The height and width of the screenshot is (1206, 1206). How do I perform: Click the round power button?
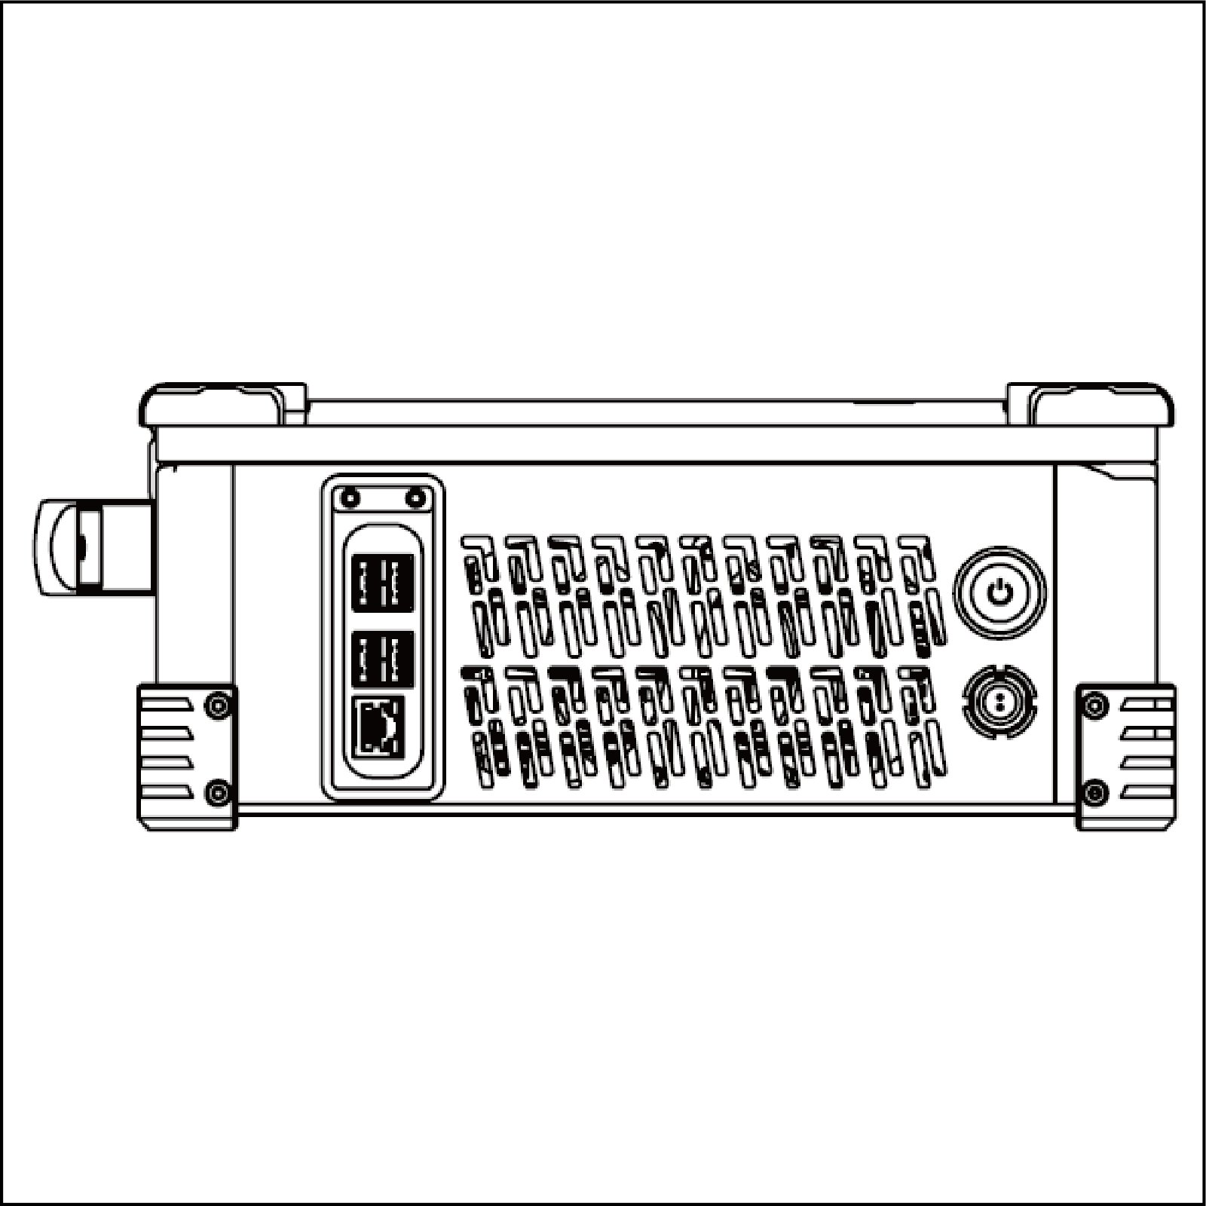pos(999,593)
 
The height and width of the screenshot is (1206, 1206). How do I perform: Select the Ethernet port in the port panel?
pos(378,726)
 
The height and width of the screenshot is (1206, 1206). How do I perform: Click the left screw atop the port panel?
pos(349,497)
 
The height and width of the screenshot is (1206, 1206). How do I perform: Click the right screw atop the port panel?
pos(415,497)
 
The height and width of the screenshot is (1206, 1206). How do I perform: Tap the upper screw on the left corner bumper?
pos(219,706)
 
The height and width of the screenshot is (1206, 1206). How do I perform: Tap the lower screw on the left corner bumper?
pos(219,792)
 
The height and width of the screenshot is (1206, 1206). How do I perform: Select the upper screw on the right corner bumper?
pos(1094,706)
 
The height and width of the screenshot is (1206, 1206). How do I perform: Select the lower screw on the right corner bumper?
pos(1094,792)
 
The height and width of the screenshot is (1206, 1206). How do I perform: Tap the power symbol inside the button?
pos(999,593)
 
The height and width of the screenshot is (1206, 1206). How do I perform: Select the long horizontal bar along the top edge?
pos(656,445)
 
